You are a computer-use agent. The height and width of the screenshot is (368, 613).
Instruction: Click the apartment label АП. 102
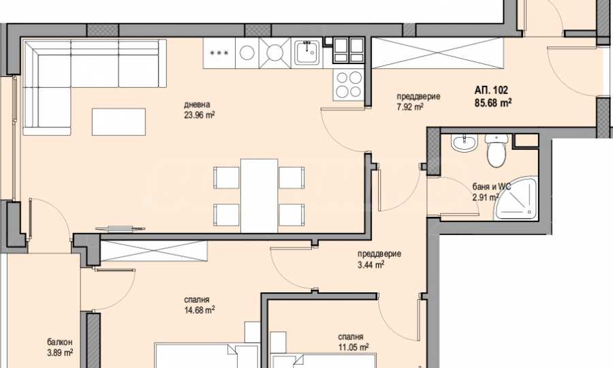coord(491,90)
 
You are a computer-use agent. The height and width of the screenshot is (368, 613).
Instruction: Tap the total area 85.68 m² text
coord(493,103)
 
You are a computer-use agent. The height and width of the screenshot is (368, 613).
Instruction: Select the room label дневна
coord(197,104)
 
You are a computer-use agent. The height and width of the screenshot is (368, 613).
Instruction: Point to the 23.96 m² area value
coord(199,115)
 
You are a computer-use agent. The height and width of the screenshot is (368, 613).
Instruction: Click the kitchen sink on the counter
coord(308,52)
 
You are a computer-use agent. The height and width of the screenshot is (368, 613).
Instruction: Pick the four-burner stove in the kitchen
coord(349,85)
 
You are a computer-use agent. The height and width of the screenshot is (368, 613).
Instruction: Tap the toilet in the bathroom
coord(497,150)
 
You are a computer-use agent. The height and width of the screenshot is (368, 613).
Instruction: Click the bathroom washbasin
coord(465,142)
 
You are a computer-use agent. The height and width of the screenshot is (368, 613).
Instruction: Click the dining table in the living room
coord(260,196)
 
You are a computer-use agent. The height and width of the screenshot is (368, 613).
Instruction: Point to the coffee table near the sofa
coord(119,122)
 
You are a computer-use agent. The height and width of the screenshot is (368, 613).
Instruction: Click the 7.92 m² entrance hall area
coord(410,107)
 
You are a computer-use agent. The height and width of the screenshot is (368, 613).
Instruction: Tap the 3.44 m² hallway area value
coord(371,265)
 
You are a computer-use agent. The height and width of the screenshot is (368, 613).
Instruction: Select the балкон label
coord(60,342)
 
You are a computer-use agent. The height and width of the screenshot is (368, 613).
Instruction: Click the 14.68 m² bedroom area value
coord(200,310)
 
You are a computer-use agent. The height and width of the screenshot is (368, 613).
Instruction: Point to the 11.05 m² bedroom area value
coord(353,347)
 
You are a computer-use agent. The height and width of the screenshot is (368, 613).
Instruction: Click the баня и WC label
coord(491,187)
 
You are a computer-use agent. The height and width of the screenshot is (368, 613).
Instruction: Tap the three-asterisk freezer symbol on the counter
coord(219,53)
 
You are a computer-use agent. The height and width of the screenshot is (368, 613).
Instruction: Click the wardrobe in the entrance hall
coord(437,53)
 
